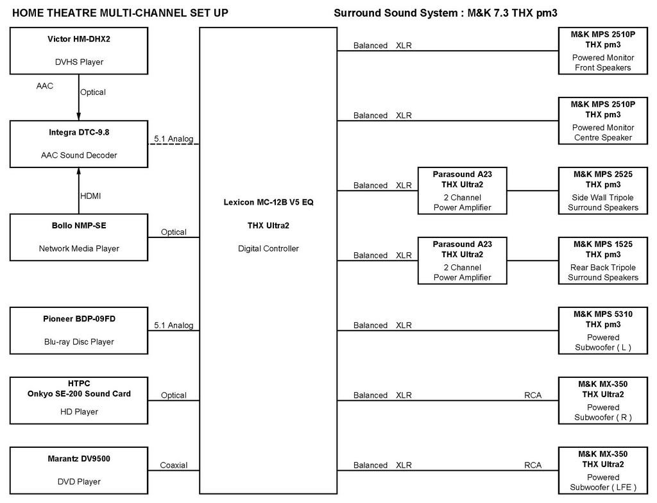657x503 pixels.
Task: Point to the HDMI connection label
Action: (x=90, y=196)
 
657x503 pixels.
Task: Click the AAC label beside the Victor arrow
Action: (x=45, y=86)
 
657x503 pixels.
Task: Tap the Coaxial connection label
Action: (x=173, y=465)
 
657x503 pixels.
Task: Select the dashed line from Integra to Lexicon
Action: (x=173, y=144)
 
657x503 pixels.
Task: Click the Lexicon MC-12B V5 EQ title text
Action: (x=269, y=202)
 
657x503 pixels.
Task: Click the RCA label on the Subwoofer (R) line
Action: (x=533, y=395)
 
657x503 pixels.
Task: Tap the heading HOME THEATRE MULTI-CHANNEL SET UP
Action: (x=120, y=13)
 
